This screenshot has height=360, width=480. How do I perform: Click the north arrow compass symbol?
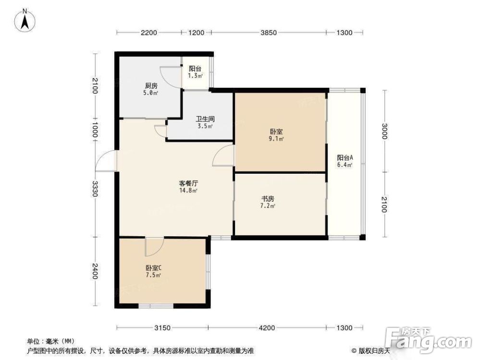25,20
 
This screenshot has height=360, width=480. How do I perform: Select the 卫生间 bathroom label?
205,119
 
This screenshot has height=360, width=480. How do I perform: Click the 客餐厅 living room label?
188,183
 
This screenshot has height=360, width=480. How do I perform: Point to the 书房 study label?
268,199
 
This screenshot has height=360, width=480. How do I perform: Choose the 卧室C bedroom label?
154,268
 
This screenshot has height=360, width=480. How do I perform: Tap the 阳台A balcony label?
345,158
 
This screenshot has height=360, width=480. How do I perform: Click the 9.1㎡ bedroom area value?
276,139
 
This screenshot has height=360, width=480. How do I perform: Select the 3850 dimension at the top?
269,33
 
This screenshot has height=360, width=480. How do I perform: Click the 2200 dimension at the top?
149,33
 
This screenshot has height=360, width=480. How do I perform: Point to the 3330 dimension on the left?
95,189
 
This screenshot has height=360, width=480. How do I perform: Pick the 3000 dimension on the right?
384,131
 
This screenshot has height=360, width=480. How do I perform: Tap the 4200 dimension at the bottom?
267,328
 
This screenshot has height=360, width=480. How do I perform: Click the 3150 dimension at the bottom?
162,328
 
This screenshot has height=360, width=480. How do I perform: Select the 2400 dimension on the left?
95,271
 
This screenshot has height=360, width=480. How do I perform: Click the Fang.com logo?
428,340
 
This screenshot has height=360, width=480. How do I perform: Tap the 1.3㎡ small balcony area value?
195,76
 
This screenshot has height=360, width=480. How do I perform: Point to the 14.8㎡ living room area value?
188,191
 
